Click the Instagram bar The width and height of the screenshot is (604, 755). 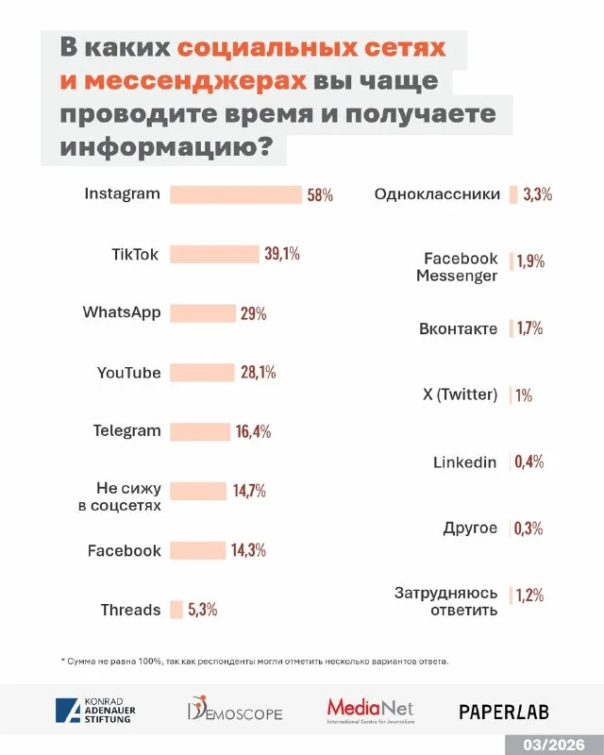click(x=235, y=194)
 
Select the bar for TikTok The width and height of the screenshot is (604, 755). click(x=213, y=254)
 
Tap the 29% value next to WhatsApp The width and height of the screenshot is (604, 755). click(x=253, y=313)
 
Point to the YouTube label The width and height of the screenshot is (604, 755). click(x=129, y=373)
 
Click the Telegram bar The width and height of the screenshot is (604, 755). click(x=200, y=431)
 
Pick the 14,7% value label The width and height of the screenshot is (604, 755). click(x=249, y=491)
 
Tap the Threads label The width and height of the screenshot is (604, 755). click(x=131, y=610)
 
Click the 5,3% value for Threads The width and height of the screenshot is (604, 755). click(x=203, y=610)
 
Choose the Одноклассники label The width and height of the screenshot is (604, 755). click(x=437, y=194)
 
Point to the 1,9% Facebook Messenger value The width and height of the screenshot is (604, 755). click(x=530, y=261)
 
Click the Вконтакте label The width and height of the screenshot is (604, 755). click(x=458, y=329)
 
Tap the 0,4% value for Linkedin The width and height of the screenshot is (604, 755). click(x=529, y=461)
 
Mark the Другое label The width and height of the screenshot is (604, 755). click(x=470, y=528)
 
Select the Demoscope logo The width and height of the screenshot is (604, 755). click(x=235, y=711)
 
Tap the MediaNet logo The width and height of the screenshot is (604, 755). click(x=370, y=710)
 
